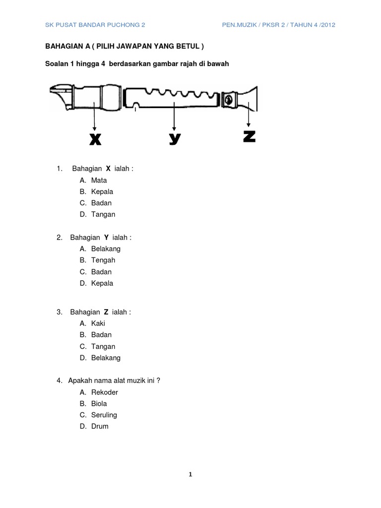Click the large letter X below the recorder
tap(95, 140)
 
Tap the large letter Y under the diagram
tap(174, 139)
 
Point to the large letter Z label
tap(250, 137)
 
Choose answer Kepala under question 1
tap(102, 191)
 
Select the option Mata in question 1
tap(99, 180)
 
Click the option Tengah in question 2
tap(103, 260)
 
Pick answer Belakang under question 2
tap(106, 249)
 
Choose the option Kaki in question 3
tap(98, 323)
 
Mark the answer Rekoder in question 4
tap(105, 392)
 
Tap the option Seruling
tap(104, 415)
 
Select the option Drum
tap(100, 426)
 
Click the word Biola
tap(99, 403)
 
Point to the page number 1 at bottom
tap(190, 475)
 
